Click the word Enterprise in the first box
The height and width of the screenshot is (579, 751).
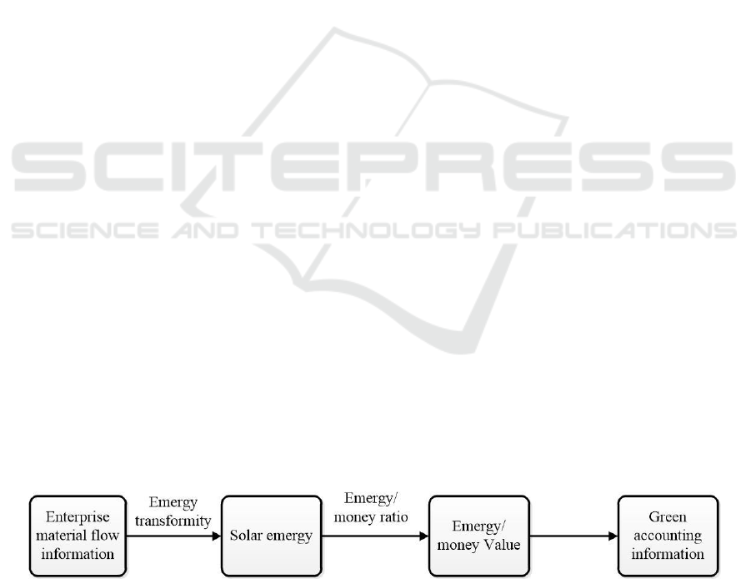pyautogui.click(x=78, y=517)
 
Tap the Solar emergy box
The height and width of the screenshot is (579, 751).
pyautogui.click(x=272, y=536)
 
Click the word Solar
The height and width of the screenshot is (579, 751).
pyautogui.click(x=245, y=535)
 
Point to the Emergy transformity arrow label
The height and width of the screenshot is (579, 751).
pyautogui.click(x=173, y=511)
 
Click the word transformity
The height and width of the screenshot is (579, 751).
pyautogui.click(x=173, y=521)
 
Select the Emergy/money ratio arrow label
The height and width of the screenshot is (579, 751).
pyautogui.click(x=371, y=507)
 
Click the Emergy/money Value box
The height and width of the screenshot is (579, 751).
pyautogui.click(x=479, y=536)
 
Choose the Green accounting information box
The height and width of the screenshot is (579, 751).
pyautogui.click(x=668, y=536)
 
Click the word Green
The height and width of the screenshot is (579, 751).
pyautogui.click(x=668, y=517)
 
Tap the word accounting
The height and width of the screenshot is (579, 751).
pyautogui.click(x=668, y=536)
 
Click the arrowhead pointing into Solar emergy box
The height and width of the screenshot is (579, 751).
pyautogui.click(x=217, y=536)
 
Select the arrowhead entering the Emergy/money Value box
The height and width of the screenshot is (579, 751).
pyautogui.click(x=424, y=536)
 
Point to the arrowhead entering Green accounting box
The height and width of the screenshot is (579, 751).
pyautogui.click(x=613, y=536)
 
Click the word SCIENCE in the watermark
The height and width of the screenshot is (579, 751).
pyautogui.click(x=85, y=230)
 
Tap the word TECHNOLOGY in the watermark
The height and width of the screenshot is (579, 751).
pyautogui.click(x=367, y=230)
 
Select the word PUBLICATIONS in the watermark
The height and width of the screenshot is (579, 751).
pyautogui.click(x=615, y=230)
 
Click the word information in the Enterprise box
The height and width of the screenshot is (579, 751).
pyautogui.click(x=78, y=554)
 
